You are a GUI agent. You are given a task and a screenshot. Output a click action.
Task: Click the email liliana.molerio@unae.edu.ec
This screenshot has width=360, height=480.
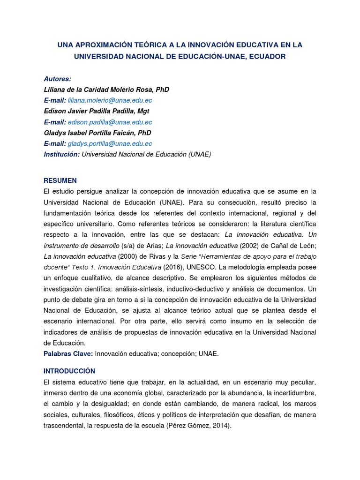pos(110,100)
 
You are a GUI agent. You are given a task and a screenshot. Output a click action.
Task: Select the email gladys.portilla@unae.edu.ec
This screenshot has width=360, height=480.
pos(110,143)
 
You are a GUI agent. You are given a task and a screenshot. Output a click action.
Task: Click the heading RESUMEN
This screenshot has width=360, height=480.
pos(60,180)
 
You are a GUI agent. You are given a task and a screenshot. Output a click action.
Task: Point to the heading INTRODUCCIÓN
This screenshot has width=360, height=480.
pos(69,371)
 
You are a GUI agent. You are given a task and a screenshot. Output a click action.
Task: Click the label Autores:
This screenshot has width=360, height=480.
pos(57,79)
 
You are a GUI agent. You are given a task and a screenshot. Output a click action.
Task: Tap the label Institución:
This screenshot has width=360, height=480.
pos(61,154)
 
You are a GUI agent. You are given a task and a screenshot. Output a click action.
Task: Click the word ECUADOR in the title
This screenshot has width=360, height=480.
pos(264,56)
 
